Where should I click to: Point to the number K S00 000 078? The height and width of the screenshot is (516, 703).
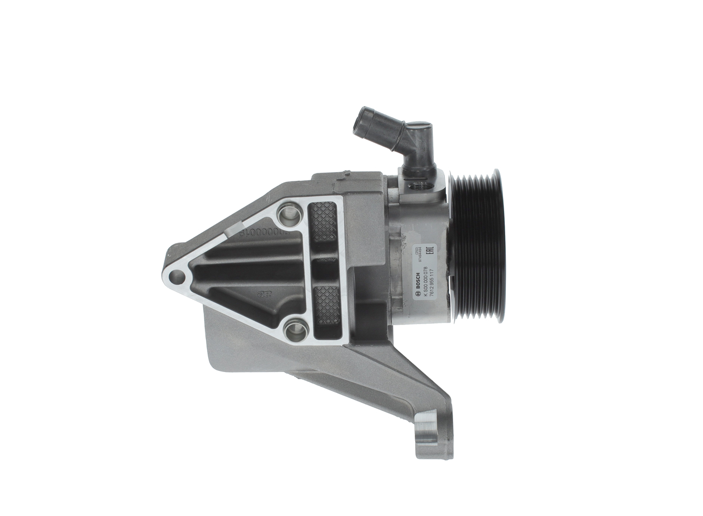click(425, 278)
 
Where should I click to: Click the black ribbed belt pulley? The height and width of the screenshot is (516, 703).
click(477, 245)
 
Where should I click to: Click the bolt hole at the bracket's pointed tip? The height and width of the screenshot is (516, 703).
click(177, 276)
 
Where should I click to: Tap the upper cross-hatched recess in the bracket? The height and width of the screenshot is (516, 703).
click(323, 221)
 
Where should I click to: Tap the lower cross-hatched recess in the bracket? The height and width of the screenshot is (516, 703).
click(327, 306)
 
